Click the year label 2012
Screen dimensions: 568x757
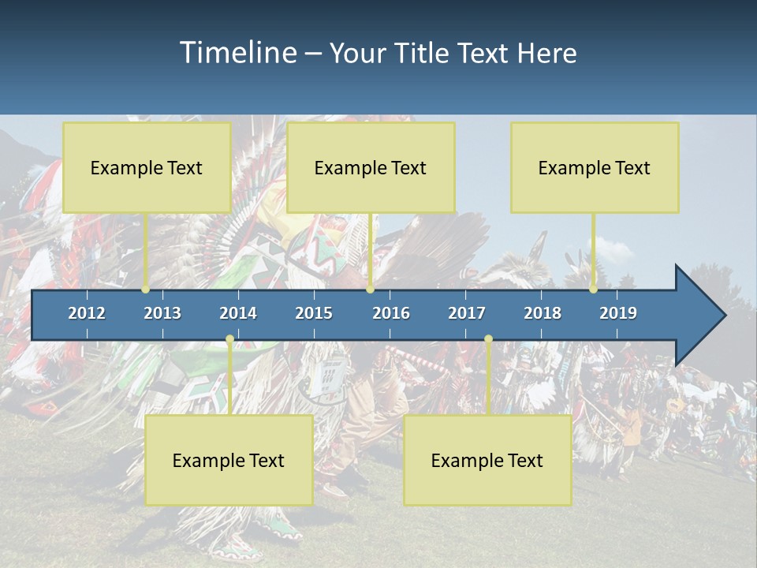[87, 313]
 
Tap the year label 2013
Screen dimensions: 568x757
[162, 313]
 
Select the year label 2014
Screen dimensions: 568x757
[238, 313]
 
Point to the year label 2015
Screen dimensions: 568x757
[314, 313]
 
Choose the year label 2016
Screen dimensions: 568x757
[391, 313]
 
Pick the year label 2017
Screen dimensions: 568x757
[467, 313]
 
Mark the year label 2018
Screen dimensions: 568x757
[543, 313]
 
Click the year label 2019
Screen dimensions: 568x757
[618, 313]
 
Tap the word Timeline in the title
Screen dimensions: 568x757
[237, 53]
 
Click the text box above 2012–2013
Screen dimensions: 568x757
[147, 167]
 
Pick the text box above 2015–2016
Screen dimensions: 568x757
[371, 167]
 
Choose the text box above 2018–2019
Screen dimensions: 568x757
[595, 167]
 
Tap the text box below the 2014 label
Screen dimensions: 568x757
[229, 460]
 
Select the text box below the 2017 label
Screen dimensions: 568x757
[487, 460]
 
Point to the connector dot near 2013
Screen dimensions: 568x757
[146, 290]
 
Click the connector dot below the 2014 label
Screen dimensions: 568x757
[229, 339]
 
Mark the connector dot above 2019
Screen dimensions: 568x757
[593, 290]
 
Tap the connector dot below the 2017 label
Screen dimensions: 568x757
[488, 339]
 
